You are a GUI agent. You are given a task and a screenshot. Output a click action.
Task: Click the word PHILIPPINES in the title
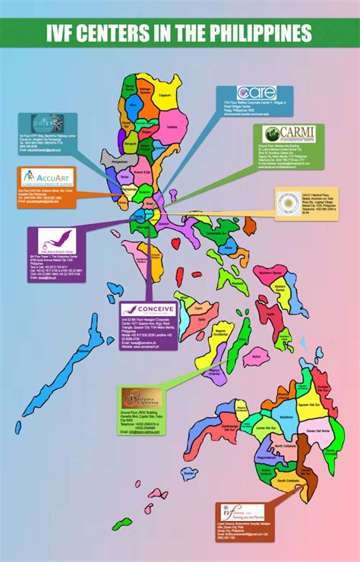[257, 33]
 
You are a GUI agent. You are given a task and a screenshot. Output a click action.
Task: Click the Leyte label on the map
[270, 312]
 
